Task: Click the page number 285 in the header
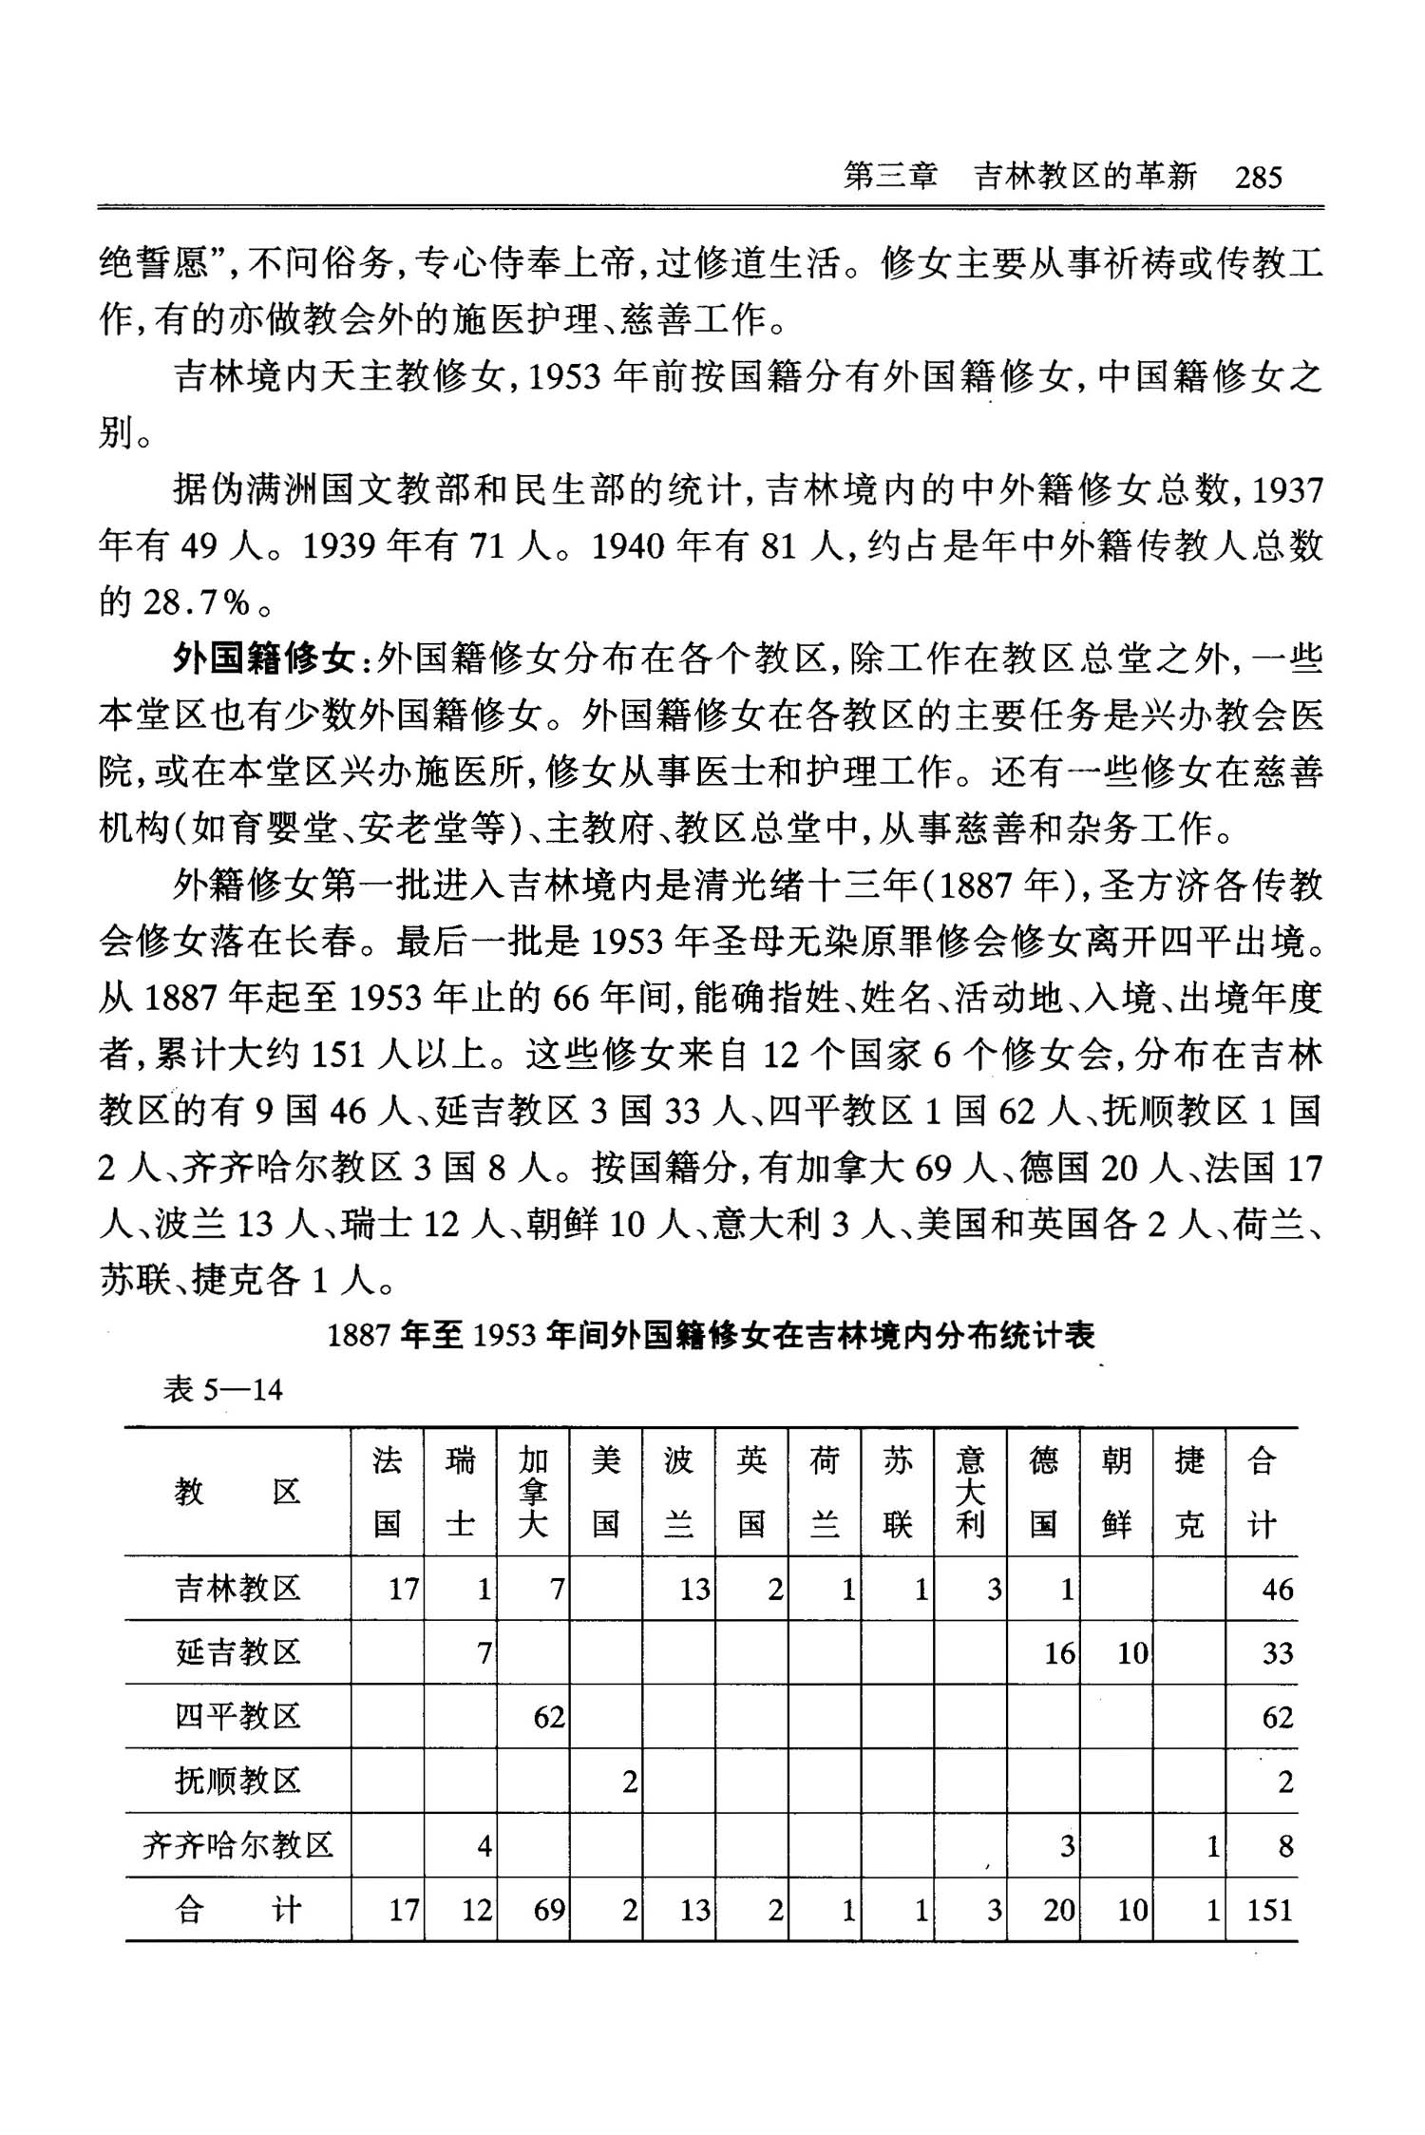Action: point(1258,178)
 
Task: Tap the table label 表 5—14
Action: point(223,1390)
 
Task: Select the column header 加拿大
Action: point(533,1492)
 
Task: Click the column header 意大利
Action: point(970,1492)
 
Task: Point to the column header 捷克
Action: point(1189,1492)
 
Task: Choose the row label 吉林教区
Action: point(237,1588)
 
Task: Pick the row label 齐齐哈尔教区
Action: point(237,1845)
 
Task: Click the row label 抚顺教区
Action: point(237,1781)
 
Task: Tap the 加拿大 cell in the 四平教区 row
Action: point(549,1717)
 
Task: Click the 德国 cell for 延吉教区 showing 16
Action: point(1059,1653)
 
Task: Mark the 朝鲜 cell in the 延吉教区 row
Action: point(1132,1653)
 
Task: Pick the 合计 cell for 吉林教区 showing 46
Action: point(1277,1589)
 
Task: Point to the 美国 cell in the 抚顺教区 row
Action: point(628,1782)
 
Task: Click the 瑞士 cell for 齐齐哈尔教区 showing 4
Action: point(484,1846)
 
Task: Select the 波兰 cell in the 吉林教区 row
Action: point(694,1589)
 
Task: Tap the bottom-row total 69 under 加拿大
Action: point(549,1910)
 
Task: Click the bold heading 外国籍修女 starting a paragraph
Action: point(263,658)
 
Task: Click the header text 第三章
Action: point(890,178)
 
